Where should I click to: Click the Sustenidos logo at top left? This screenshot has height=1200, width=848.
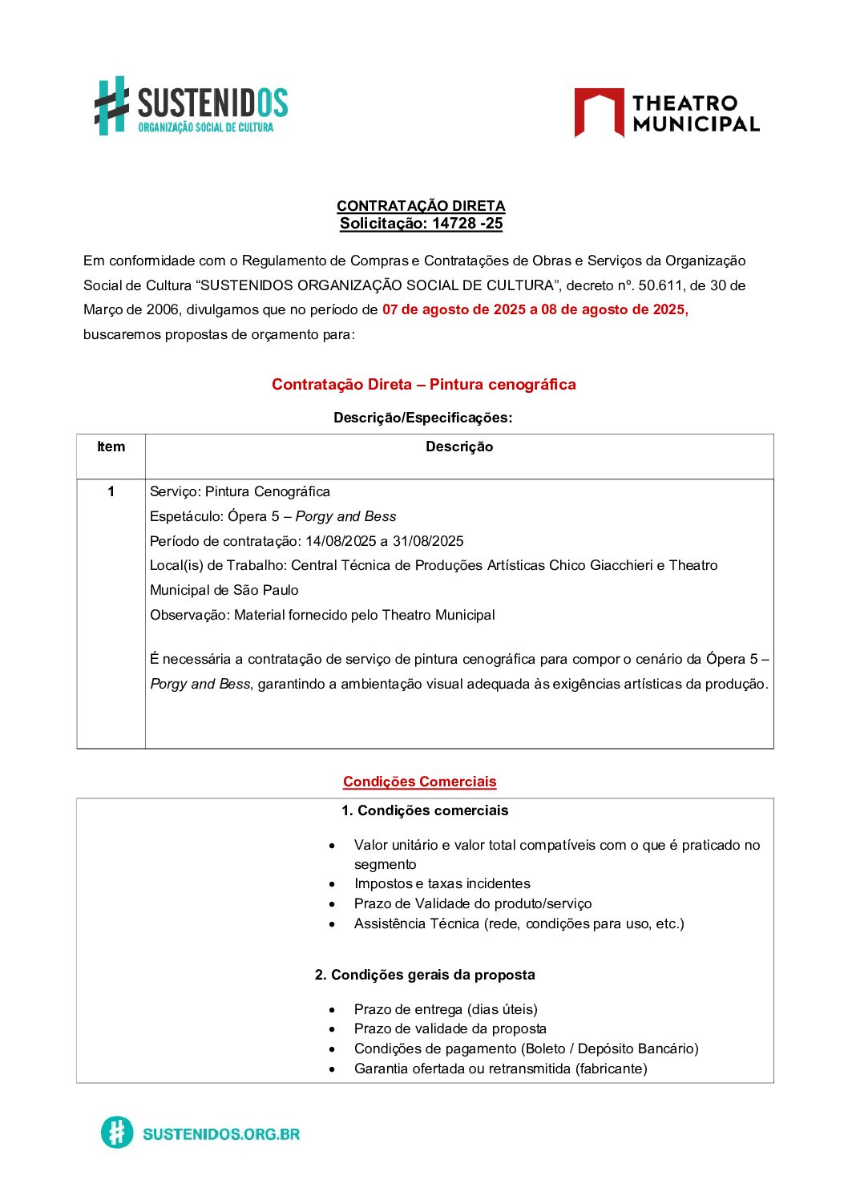(x=191, y=106)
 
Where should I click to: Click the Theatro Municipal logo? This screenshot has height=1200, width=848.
(x=666, y=113)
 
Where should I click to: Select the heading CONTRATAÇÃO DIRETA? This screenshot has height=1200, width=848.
(x=421, y=206)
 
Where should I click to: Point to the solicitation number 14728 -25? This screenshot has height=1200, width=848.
(x=467, y=224)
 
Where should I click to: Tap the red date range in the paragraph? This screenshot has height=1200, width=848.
(x=535, y=309)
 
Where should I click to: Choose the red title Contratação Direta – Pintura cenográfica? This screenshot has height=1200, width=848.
(x=423, y=384)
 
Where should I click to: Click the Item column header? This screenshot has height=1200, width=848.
(x=111, y=447)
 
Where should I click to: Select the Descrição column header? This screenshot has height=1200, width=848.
(x=459, y=447)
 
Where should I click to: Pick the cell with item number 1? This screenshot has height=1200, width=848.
(x=111, y=491)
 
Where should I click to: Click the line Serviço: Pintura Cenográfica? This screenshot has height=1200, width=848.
(x=240, y=491)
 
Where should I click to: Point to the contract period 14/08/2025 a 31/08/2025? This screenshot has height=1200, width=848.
(x=384, y=541)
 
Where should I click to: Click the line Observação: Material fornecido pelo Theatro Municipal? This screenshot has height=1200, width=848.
(x=322, y=615)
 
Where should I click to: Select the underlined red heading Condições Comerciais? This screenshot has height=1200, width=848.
(x=419, y=782)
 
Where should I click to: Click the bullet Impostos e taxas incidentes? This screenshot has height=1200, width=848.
(x=442, y=883)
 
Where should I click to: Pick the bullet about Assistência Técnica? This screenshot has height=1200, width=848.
(x=519, y=923)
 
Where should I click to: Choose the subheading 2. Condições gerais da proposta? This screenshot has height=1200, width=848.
(x=425, y=975)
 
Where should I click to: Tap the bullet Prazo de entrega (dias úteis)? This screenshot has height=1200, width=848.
(x=446, y=1009)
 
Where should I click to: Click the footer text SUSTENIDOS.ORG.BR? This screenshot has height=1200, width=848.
(x=221, y=1133)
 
